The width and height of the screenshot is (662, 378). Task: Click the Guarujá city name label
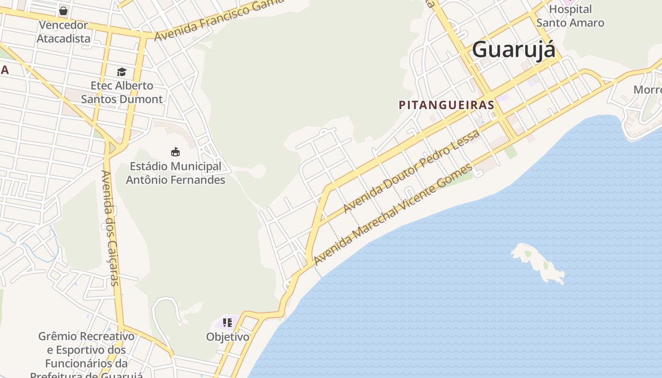tap(514, 50)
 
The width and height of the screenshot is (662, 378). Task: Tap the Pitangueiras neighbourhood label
tap(446, 105)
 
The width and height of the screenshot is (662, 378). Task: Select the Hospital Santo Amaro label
tap(570, 16)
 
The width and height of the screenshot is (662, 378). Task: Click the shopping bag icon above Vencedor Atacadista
tap(63, 10)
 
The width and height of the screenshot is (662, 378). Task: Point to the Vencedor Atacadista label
tap(63, 32)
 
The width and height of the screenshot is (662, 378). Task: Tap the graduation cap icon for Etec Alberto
tap(122, 72)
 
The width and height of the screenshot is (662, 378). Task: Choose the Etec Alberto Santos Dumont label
tap(122, 92)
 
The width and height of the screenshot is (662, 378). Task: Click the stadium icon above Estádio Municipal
tap(175, 152)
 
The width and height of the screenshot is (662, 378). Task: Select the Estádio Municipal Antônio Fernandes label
tap(175, 173)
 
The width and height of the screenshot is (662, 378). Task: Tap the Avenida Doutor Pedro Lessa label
tap(411, 171)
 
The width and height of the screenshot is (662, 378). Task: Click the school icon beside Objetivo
tap(227, 323)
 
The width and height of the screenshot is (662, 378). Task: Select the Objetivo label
tap(227, 337)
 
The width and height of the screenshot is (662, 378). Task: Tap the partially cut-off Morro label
tap(647, 90)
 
